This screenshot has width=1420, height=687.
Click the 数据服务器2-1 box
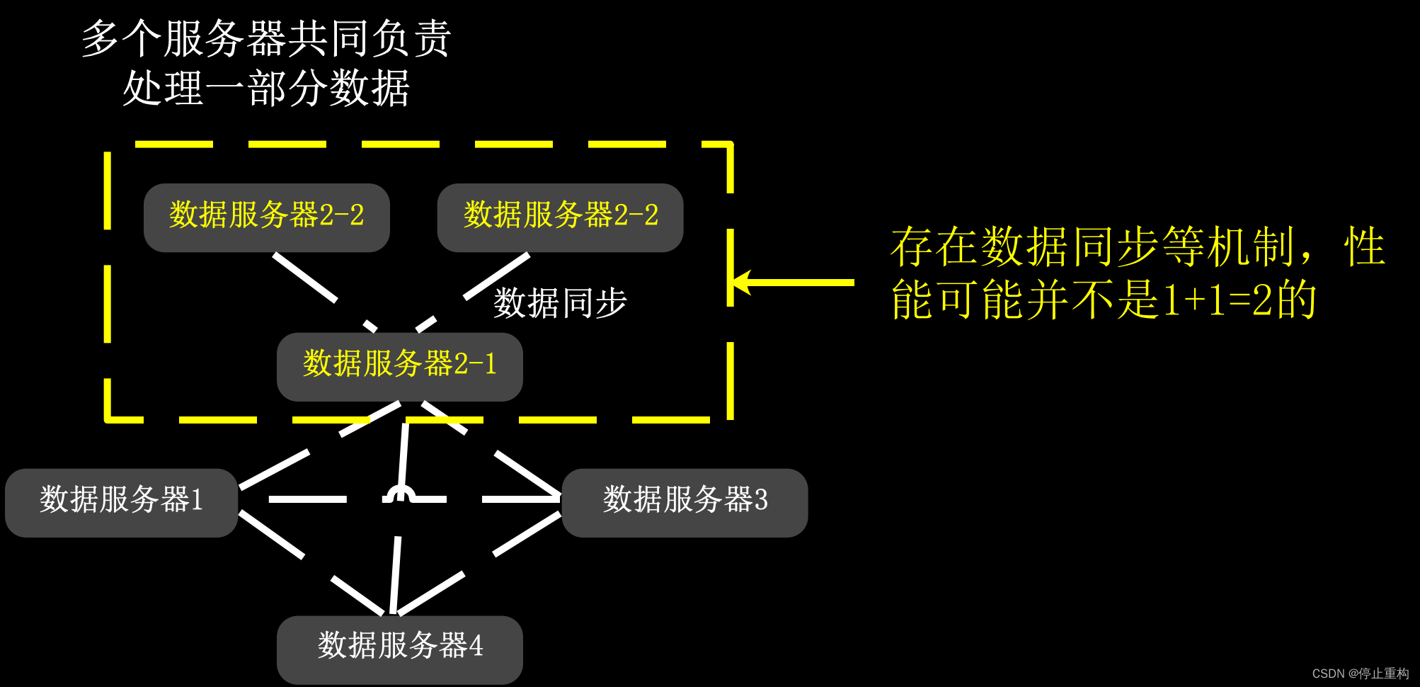[399, 366]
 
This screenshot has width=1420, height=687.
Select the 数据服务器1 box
[121, 502]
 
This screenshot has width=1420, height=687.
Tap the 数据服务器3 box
[685, 502]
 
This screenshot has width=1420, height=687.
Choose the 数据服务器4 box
[399, 649]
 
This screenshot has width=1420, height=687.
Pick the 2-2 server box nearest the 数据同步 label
[560, 217]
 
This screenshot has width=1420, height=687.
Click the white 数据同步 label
[560, 303]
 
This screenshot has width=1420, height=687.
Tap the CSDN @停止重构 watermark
[1360, 674]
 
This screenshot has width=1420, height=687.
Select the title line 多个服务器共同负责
[266, 38]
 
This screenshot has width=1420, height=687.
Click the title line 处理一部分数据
[266, 89]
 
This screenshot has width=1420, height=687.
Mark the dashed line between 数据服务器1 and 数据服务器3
[308, 499]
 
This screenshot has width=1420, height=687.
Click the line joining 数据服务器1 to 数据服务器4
[273, 535]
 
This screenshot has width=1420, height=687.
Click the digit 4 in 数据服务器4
[476, 646]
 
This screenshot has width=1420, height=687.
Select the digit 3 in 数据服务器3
[761, 500]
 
